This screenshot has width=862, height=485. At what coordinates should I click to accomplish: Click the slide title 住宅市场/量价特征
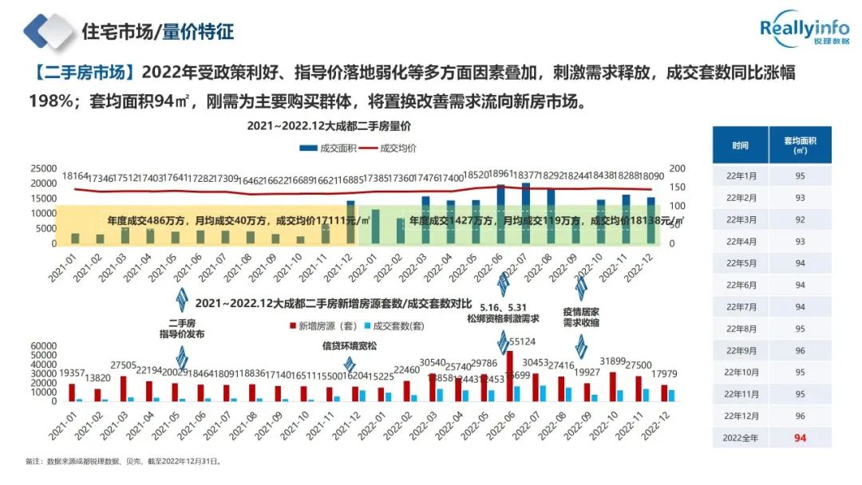(157, 32)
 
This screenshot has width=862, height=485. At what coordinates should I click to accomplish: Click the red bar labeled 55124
(510, 376)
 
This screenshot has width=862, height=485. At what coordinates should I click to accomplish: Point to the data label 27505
(124, 364)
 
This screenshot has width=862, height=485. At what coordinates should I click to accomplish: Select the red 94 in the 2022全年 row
(801, 437)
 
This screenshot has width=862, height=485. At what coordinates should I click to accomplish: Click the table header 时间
(740, 145)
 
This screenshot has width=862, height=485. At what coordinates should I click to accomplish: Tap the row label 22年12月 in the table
(740, 416)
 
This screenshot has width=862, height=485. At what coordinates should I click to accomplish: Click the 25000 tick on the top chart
(43, 168)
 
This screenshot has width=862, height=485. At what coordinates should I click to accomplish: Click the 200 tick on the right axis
(677, 168)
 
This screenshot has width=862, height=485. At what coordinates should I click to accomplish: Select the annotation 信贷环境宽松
(349, 346)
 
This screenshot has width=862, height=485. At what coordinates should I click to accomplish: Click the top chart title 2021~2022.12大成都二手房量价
(328, 126)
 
